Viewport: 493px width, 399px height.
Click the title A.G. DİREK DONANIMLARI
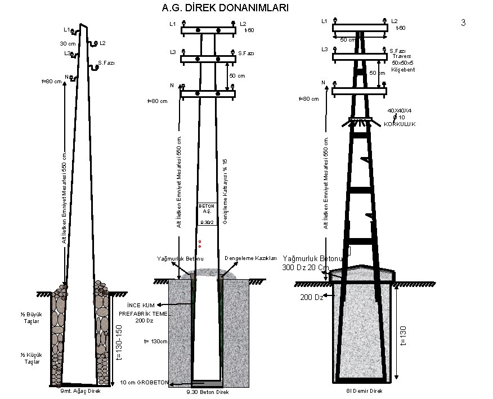pyautogui.click(x=225, y=8)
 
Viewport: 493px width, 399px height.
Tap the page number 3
pyautogui.click(x=463, y=23)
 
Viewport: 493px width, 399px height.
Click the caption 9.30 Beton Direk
pyautogui.click(x=207, y=392)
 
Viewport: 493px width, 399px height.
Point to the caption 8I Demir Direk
pyautogui.click(x=365, y=391)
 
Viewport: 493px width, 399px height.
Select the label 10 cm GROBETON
pyautogui.click(x=145, y=383)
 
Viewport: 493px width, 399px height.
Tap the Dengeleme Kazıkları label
pyautogui.click(x=250, y=258)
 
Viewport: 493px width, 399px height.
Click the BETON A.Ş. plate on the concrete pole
pyautogui.click(x=207, y=209)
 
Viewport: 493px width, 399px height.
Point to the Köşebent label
pyautogui.click(x=403, y=69)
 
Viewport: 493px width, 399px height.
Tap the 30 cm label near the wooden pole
pyautogui.click(x=68, y=43)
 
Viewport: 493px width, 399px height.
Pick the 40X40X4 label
pyautogui.click(x=400, y=110)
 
